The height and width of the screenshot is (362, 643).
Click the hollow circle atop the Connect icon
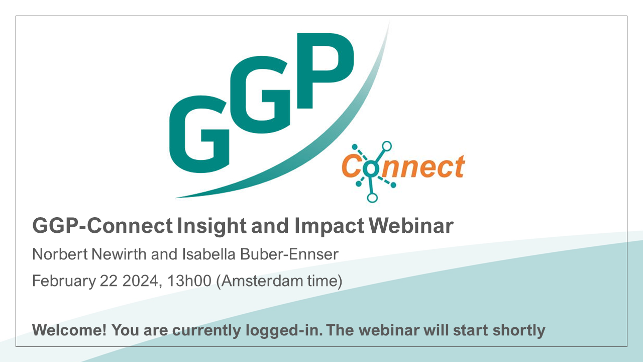(x=387, y=146)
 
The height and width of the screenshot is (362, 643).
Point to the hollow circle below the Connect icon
(x=372, y=198)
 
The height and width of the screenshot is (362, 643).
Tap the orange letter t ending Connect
(x=459, y=166)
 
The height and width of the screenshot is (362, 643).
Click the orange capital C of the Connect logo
(x=351, y=166)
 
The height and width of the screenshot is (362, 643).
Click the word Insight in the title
(x=211, y=226)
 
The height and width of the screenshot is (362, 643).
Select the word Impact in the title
(x=329, y=226)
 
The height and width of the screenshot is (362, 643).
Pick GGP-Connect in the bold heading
(x=102, y=226)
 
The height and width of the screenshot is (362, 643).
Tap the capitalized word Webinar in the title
(x=411, y=226)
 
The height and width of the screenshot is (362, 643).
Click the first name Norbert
(x=60, y=254)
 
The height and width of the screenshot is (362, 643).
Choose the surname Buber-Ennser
(x=289, y=254)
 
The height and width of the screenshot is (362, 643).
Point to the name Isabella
(x=208, y=254)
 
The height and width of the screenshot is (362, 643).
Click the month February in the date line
(x=64, y=281)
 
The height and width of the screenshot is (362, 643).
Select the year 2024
(x=140, y=281)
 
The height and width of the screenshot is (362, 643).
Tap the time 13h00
(x=189, y=281)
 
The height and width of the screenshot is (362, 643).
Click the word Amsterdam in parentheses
(x=262, y=281)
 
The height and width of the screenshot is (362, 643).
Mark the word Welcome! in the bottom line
(x=69, y=330)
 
